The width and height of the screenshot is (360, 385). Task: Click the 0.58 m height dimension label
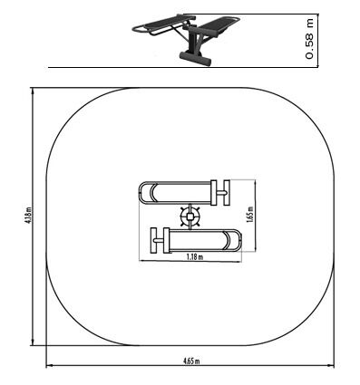click(310, 38)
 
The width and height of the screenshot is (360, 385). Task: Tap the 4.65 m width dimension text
click(191, 361)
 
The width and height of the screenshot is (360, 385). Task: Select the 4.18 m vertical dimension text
click(29, 215)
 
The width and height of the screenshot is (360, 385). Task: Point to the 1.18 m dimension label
click(195, 257)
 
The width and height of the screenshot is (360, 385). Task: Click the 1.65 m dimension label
click(250, 215)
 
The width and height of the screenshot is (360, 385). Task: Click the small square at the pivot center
click(190, 217)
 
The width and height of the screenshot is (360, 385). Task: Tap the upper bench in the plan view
click(184, 193)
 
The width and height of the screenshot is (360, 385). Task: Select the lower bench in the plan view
click(196, 240)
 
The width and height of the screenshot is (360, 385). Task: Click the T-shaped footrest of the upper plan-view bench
click(224, 193)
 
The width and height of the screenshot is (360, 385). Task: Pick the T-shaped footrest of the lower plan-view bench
click(157, 240)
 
